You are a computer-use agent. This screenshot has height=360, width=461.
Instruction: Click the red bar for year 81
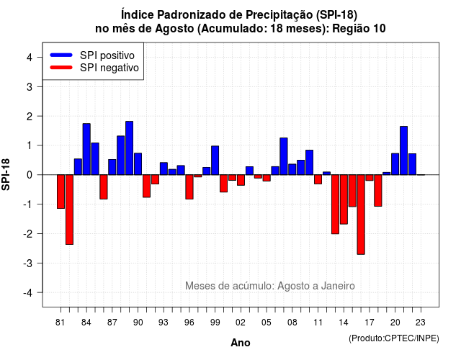tap(61, 192)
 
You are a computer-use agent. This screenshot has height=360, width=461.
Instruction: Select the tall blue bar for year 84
tap(86, 149)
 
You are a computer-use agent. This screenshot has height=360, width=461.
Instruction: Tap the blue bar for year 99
tap(215, 161)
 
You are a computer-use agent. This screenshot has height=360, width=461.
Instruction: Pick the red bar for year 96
tap(189, 187)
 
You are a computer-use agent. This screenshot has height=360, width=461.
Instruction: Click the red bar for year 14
tap(344, 199)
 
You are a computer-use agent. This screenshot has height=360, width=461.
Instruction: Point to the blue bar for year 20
tap(395, 164)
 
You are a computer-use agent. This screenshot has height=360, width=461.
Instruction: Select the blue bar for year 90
tap(138, 164)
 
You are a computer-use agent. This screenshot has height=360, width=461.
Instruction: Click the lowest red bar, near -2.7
tap(361, 215)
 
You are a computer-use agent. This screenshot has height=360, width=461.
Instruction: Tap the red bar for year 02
tap(241, 180)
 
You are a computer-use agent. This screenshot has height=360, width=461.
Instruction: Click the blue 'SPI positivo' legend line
tap(61, 55)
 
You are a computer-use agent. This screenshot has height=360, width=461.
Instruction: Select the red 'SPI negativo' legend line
tap(61, 67)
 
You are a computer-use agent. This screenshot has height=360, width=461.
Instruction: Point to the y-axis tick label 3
tap(30, 86)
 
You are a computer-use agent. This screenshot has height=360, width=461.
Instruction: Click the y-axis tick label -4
tap(28, 293)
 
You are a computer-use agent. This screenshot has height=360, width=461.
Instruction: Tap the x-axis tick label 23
tap(421, 323)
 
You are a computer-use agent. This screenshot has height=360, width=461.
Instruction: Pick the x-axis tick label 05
tap(267, 323)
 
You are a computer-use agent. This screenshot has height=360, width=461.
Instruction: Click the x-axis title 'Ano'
tap(241, 343)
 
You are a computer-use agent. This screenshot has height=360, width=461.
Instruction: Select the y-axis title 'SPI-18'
tap(6, 174)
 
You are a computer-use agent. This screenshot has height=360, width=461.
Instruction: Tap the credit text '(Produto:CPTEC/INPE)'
tap(394, 338)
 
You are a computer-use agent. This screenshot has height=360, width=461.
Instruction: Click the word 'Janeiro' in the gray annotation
tap(338, 286)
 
